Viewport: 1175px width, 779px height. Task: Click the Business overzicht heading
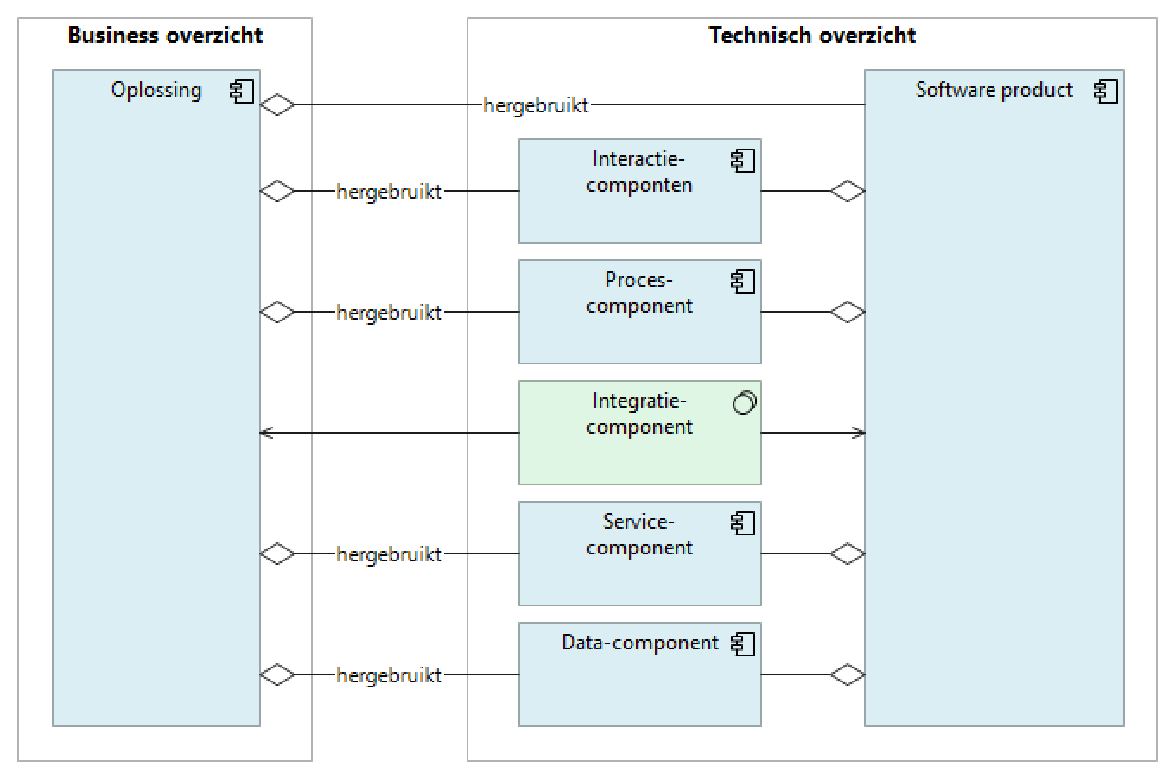(x=165, y=35)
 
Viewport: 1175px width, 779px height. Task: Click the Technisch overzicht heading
(x=811, y=35)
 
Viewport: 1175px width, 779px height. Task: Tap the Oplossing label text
(x=156, y=90)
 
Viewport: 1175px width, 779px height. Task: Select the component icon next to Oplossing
(x=242, y=91)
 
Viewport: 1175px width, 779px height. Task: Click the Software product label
(x=994, y=90)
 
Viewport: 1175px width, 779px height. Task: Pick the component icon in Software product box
(x=1106, y=91)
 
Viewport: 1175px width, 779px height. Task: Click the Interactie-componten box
(x=639, y=207)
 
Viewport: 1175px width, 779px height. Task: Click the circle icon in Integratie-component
(x=744, y=402)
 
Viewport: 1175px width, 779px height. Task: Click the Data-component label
(x=639, y=643)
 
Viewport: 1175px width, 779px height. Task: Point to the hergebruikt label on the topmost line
(x=536, y=105)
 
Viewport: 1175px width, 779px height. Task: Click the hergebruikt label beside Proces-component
(x=389, y=313)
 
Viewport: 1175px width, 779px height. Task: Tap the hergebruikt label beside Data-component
(x=389, y=675)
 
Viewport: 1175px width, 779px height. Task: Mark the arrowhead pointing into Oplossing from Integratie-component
(x=266, y=433)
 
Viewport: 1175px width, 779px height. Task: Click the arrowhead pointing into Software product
(x=859, y=433)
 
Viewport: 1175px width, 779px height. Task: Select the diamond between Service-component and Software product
(x=847, y=554)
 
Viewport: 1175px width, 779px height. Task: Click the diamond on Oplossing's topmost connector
(x=277, y=104)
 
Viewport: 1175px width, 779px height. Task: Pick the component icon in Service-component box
(x=743, y=522)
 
